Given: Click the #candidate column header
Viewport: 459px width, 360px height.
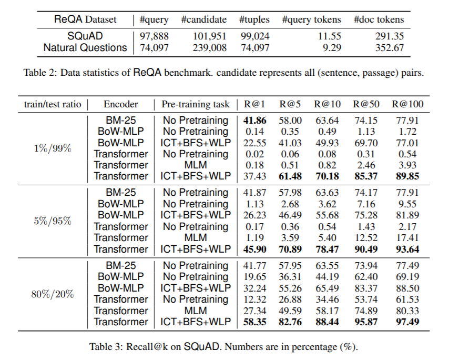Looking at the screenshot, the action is click(204, 19).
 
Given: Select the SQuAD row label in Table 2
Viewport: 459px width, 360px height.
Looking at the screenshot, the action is click(85, 36).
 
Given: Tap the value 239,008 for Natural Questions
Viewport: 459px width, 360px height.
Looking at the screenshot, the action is click(210, 48).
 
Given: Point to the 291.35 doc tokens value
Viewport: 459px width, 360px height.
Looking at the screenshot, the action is click(390, 36).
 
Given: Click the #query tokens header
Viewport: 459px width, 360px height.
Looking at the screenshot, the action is click(311, 19).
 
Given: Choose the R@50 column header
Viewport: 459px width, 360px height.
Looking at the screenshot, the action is click(366, 104).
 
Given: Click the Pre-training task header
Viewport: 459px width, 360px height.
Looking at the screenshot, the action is click(196, 104).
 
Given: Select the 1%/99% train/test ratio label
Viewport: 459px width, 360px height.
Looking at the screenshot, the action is click(53, 148).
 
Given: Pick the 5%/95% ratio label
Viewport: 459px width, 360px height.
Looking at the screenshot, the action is click(53, 221).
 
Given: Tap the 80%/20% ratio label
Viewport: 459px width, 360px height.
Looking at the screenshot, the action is click(53, 294).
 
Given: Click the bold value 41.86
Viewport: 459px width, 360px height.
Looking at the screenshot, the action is click(254, 121).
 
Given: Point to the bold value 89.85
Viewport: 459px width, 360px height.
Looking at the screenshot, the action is click(407, 176).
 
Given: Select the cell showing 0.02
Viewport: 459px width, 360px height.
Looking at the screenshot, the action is click(254, 154).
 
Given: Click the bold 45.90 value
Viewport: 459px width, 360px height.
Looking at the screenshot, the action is click(254, 249).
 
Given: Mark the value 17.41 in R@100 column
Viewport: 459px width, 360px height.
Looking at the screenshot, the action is click(407, 237).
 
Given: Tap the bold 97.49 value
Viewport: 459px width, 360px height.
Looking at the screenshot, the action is click(407, 322).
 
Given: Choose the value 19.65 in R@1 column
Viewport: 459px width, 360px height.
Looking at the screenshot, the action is click(254, 276).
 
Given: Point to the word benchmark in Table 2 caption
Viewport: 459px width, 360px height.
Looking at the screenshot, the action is click(188, 72).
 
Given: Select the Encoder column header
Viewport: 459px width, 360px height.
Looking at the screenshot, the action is click(120, 104).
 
